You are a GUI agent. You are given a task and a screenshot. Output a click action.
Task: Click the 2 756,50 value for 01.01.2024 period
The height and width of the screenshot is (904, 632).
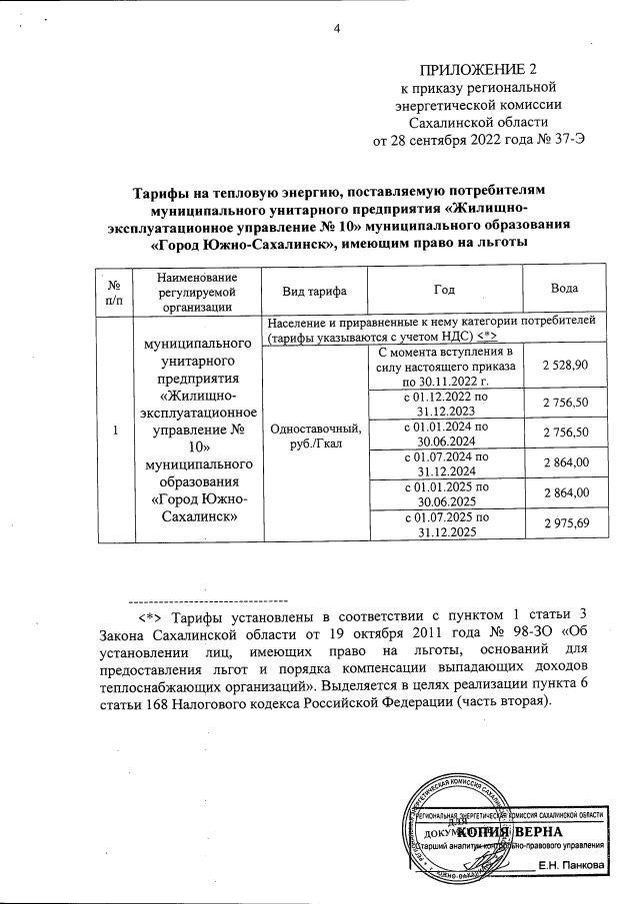(x=566, y=433)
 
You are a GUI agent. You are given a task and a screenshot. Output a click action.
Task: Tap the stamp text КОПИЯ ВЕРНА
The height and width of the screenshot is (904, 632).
(x=525, y=831)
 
